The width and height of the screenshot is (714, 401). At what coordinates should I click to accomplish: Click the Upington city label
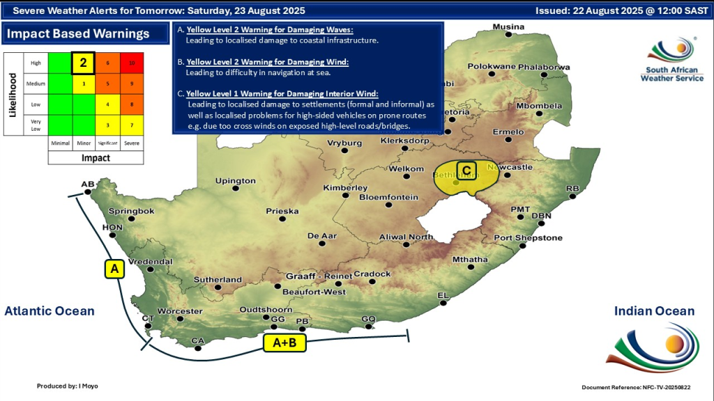pyautogui.click(x=235, y=181)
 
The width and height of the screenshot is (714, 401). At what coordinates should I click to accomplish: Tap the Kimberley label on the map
pyautogui.click(x=345, y=188)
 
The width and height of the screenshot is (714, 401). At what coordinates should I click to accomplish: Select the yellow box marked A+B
pyautogui.click(x=284, y=343)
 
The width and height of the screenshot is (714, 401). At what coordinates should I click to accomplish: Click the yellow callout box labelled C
pyautogui.click(x=466, y=169)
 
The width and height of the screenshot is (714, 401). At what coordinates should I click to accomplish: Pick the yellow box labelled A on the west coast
pyautogui.click(x=114, y=269)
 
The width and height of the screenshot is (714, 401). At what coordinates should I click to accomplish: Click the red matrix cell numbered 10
pyautogui.click(x=132, y=63)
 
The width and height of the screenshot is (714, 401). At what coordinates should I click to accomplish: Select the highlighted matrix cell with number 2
pyautogui.click(x=83, y=63)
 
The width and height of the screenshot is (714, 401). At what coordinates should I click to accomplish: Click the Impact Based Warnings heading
pyautogui.click(x=79, y=34)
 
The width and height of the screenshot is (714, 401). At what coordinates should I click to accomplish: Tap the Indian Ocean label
pyautogui.click(x=654, y=311)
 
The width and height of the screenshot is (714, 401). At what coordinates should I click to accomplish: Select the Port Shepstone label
pyautogui.click(x=528, y=238)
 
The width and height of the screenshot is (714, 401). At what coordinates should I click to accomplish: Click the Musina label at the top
pyautogui.click(x=508, y=27)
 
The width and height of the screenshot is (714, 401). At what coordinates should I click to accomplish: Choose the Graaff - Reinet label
pyautogui.click(x=319, y=276)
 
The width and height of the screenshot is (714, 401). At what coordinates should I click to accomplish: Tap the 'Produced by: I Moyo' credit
pyautogui.click(x=68, y=385)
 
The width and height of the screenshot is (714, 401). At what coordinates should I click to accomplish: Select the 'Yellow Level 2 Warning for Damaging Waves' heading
pyautogui.click(x=270, y=31)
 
